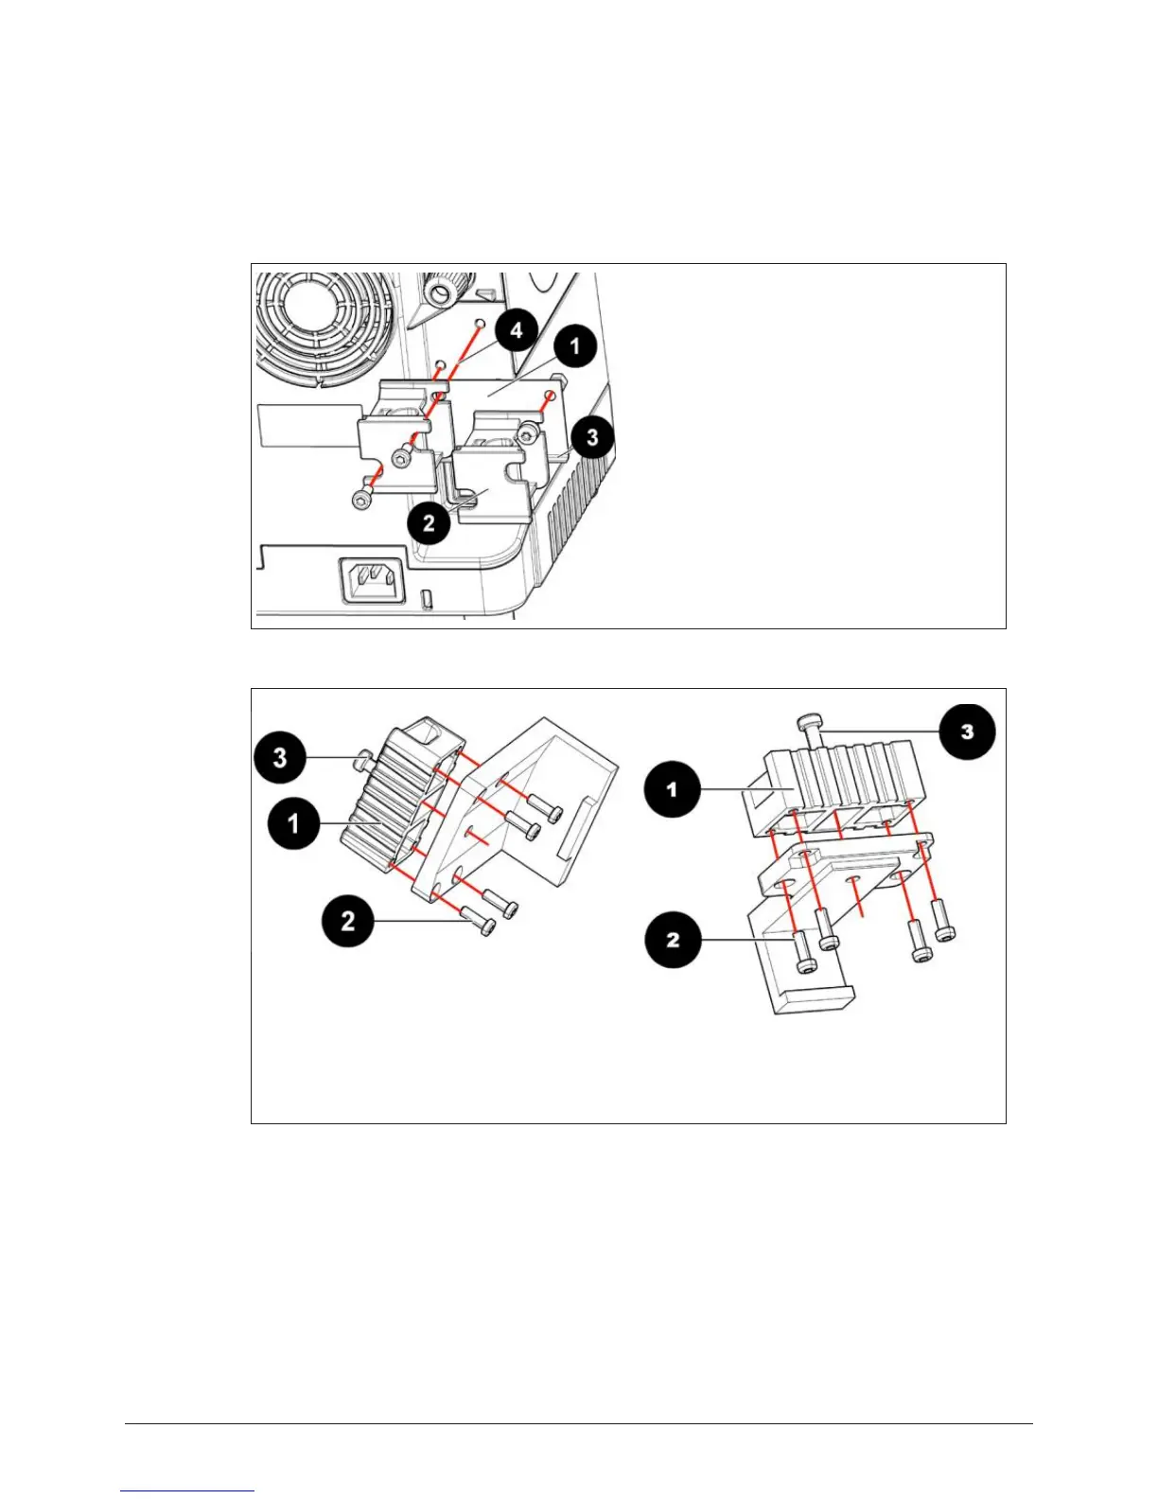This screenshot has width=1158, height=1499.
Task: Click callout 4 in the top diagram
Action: click(516, 331)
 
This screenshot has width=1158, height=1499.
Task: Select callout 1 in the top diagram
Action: click(575, 345)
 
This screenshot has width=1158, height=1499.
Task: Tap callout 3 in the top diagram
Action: click(592, 436)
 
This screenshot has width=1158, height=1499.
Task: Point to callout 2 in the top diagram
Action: click(430, 522)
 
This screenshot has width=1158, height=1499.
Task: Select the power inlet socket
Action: click(373, 579)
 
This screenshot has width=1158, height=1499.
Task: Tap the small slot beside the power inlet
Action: click(427, 597)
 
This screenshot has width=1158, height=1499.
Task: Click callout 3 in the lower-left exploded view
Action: click(280, 757)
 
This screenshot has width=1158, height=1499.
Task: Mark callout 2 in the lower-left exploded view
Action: click(348, 919)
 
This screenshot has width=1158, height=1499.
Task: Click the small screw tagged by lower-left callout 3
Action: click(360, 758)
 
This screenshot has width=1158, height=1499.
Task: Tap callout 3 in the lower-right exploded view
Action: click(966, 732)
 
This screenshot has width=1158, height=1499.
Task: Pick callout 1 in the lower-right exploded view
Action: click(673, 788)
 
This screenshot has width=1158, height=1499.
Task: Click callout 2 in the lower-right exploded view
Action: click(673, 940)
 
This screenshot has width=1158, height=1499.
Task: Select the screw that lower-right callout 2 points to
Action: click(803, 952)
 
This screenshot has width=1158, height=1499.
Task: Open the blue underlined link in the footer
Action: click(187, 1491)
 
